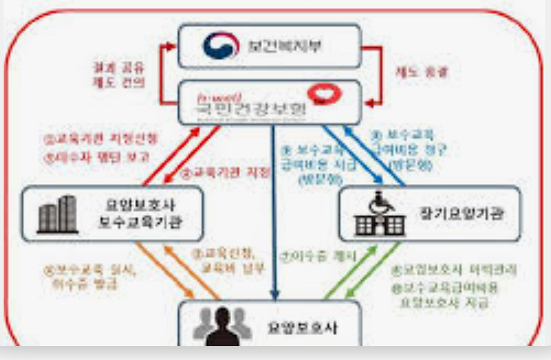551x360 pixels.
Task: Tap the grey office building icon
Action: pyautogui.click(x=57, y=214)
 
